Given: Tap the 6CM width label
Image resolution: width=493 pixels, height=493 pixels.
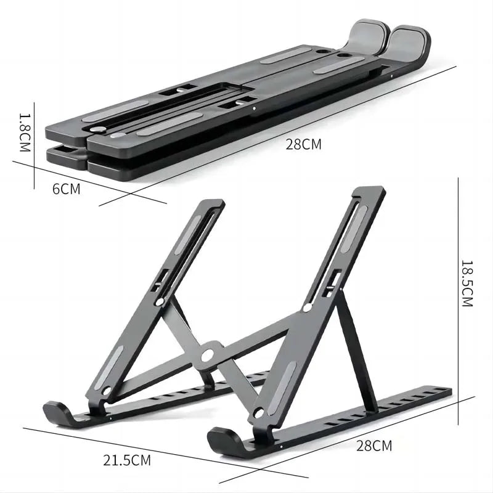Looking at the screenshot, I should (66, 189).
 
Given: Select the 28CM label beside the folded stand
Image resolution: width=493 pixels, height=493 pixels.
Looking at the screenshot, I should (303, 145).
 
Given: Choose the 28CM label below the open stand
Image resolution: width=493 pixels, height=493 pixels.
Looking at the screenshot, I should (374, 445).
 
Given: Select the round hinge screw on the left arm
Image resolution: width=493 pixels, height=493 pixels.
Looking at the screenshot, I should (161, 302).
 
